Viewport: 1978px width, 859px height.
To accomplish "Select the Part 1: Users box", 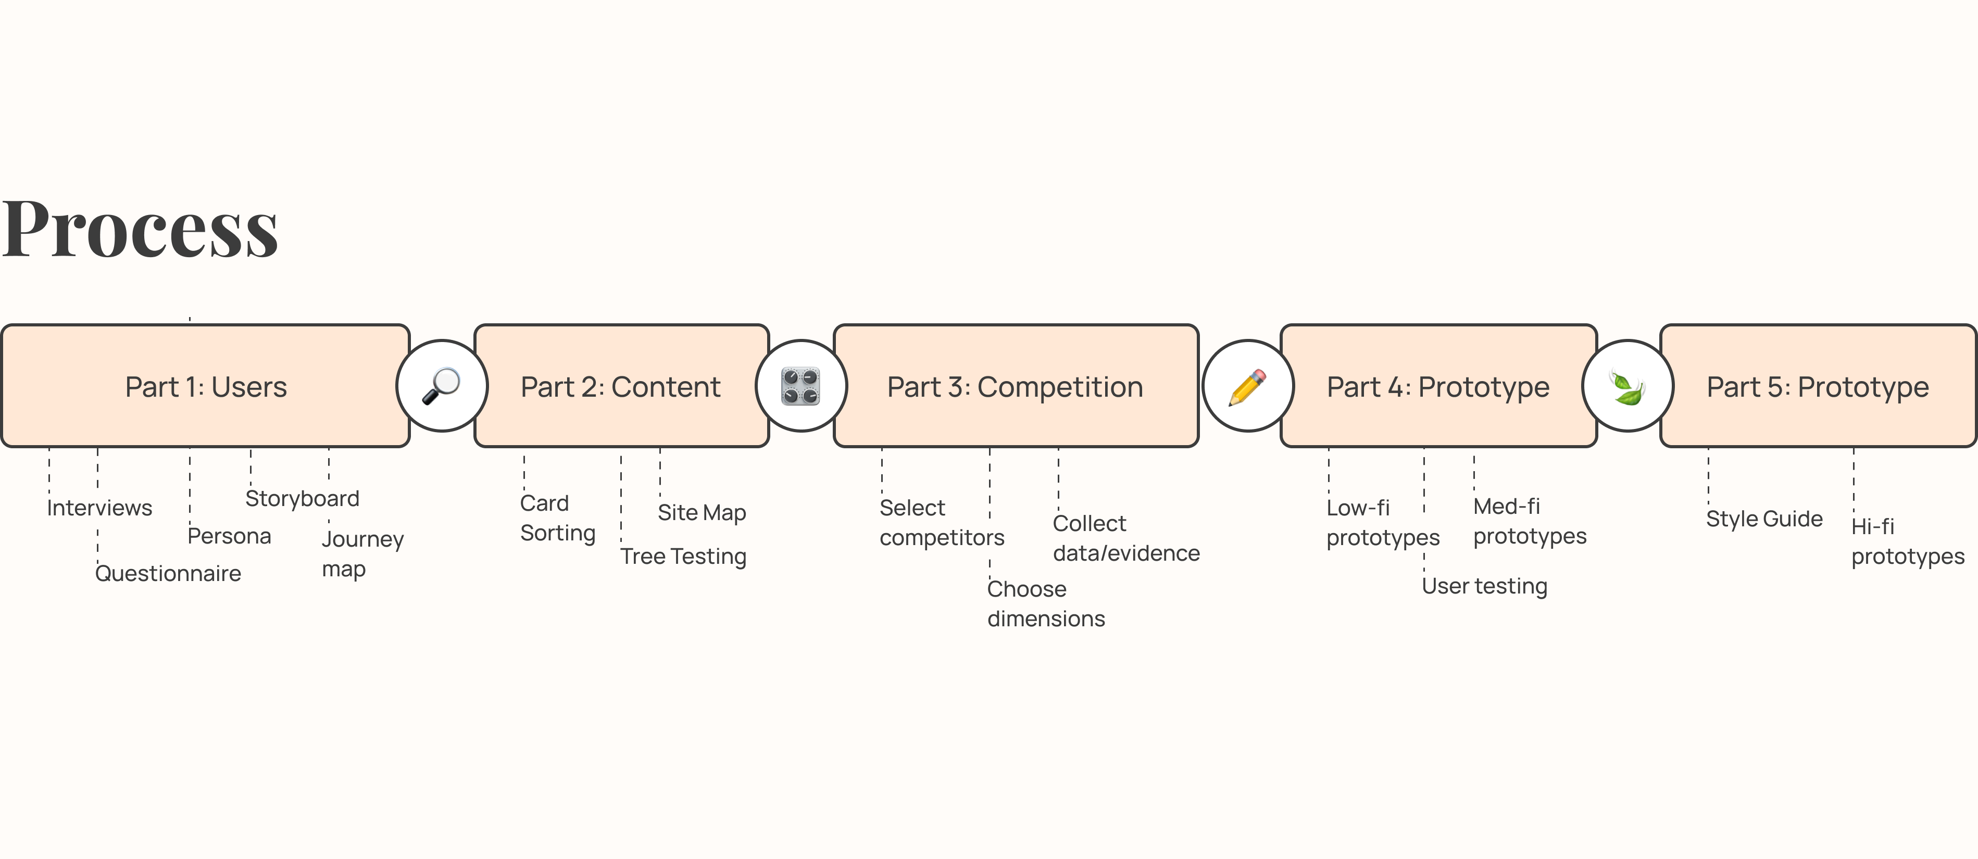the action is (x=206, y=386).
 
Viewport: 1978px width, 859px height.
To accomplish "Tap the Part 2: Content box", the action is (x=621, y=386).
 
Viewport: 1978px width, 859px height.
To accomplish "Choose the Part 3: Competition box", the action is (x=1016, y=386).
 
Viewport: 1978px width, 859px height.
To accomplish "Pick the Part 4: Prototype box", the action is (x=1438, y=386).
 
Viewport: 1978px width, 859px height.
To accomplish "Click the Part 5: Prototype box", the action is (x=1818, y=386).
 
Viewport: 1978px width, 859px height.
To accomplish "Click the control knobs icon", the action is (x=801, y=386).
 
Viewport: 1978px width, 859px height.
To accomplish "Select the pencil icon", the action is (x=1248, y=387).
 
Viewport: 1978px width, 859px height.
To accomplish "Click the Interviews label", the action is (x=100, y=508).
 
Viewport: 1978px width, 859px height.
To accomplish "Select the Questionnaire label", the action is (x=168, y=573).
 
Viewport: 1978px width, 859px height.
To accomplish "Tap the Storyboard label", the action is (x=303, y=499).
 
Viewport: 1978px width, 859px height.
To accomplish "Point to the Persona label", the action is (x=230, y=536).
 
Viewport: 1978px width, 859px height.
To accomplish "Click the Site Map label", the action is (x=702, y=513).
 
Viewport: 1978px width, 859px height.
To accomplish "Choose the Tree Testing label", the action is (x=683, y=557).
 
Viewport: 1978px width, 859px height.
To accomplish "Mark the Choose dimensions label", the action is (x=1046, y=603).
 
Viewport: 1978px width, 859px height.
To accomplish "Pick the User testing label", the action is (x=1485, y=587).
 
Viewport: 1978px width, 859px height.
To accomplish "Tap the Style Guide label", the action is (x=1764, y=519).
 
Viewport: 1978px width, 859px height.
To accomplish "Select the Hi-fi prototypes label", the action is (x=1908, y=541).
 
